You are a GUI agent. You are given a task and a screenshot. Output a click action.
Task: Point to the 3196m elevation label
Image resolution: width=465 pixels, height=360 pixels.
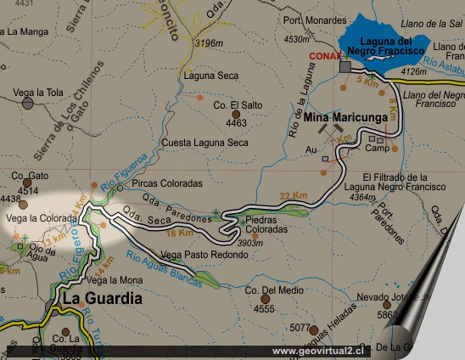point(208,42)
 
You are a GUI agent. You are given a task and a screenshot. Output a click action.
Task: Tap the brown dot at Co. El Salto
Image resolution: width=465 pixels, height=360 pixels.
point(236,114)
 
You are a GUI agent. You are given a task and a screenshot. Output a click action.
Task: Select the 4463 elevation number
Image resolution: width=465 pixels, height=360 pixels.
point(236,123)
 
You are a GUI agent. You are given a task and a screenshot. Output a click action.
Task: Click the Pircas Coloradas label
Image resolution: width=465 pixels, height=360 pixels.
point(167,183)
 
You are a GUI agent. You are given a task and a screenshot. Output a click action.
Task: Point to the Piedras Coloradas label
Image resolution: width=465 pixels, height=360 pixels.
point(266,224)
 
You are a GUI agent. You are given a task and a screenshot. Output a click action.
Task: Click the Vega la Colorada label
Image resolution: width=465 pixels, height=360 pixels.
point(41,218)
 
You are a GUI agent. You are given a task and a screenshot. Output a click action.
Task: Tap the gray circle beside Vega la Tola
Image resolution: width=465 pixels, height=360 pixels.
point(28,104)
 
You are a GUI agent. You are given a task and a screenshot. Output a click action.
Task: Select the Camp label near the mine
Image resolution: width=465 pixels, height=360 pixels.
point(377,148)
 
